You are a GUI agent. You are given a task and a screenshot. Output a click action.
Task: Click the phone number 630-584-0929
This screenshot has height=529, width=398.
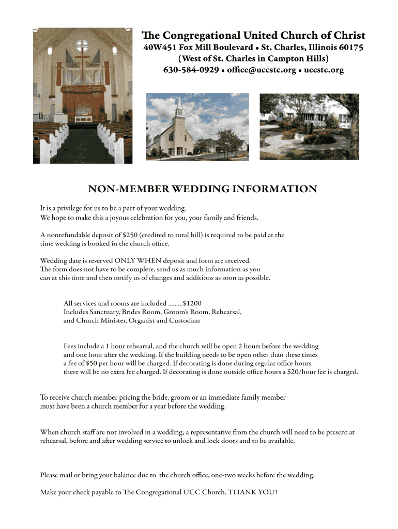(x=191, y=70)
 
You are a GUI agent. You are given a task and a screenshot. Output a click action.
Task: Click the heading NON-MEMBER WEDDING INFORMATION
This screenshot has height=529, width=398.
(x=202, y=189)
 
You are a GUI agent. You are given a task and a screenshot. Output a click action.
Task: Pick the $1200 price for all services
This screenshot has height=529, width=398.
(x=192, y=303)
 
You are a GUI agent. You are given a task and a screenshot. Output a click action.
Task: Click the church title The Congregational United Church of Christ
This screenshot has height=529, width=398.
(x=253, y=36)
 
